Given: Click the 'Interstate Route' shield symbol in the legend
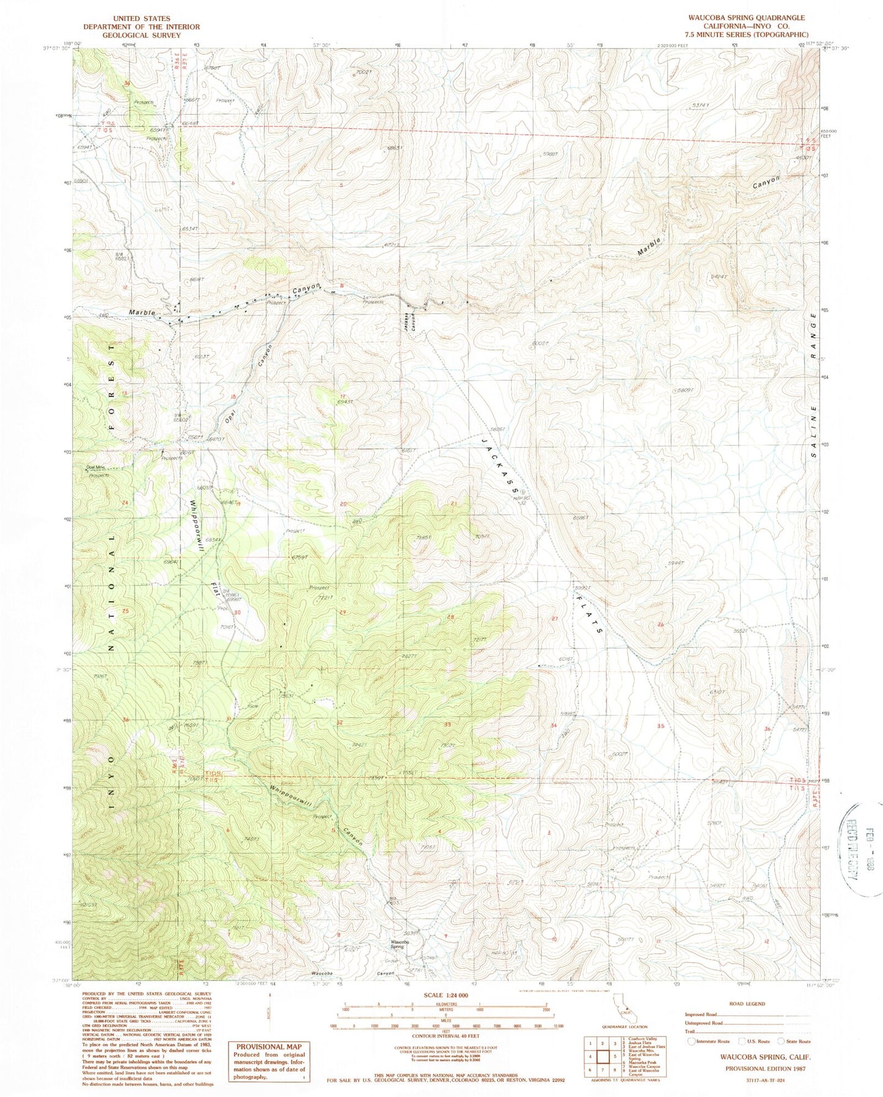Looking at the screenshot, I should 691,1041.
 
